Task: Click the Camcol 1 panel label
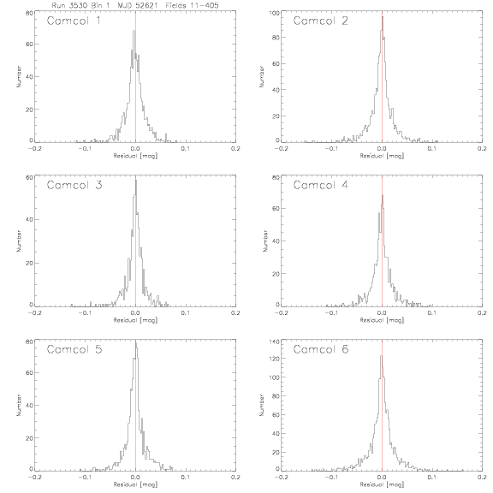(74, 21)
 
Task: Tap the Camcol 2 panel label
(321, 21)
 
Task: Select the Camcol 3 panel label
(74, 185)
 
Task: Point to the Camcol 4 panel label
(321, 185)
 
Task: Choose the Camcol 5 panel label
(74, 349)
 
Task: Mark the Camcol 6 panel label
(321, 349)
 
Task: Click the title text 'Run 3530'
(70, 5)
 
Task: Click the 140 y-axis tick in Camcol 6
(275, 342)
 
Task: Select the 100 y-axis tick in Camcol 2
(275, 13)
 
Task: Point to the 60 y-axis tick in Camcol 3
(29, 177)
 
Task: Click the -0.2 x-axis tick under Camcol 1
(34, 148)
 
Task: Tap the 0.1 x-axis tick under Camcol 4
(432, 313)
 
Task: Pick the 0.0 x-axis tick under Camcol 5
(135, 478)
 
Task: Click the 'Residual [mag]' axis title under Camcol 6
(382, 484)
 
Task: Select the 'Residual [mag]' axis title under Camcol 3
(135, 320)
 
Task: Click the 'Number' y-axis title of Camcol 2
(262, 76)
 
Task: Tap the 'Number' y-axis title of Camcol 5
(19, 406)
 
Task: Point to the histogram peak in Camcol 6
(381, 355)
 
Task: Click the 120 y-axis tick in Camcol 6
(275, 359)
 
